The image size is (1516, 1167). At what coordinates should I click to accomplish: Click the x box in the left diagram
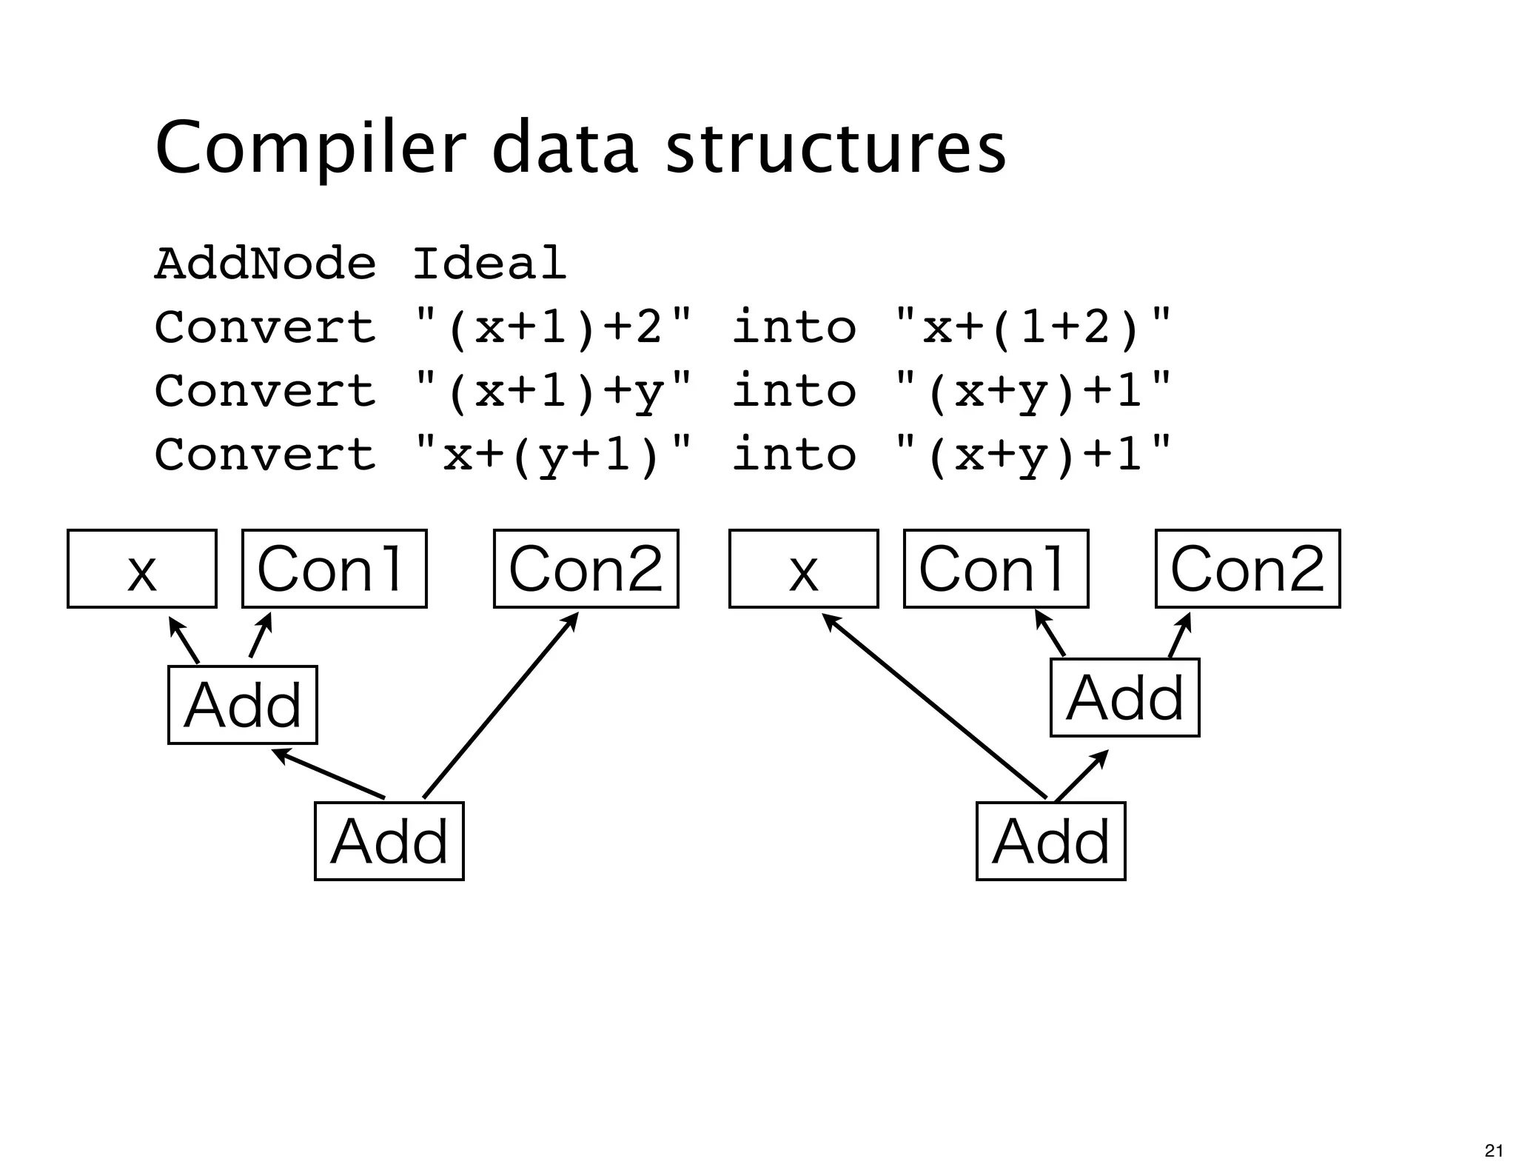click(141, 569)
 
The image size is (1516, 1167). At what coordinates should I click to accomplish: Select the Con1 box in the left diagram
click(334, 569)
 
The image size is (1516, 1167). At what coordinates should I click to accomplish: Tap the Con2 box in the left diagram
click(586, 569)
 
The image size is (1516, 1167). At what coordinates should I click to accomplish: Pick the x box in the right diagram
click(803, 569)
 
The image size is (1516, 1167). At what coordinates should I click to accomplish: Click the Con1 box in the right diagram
click(996, 569)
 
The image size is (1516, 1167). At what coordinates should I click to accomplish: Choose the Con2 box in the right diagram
click(1247, 569)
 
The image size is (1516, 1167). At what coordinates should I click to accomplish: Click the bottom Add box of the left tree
click(389, 840)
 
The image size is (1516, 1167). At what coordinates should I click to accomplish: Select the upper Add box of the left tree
click(242, 704)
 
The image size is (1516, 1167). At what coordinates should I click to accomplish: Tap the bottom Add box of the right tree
click(1050, 840)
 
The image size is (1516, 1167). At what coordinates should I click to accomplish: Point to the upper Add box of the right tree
click(1124, 697)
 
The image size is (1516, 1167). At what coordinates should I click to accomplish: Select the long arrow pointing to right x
click(935, 706)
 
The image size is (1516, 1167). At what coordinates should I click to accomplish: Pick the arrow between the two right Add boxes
click(1081, 775)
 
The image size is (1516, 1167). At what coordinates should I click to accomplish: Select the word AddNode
click(265, 264)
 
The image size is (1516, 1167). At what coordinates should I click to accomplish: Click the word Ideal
click(489, 264)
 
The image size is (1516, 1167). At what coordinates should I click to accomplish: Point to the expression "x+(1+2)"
click(1033, 327)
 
